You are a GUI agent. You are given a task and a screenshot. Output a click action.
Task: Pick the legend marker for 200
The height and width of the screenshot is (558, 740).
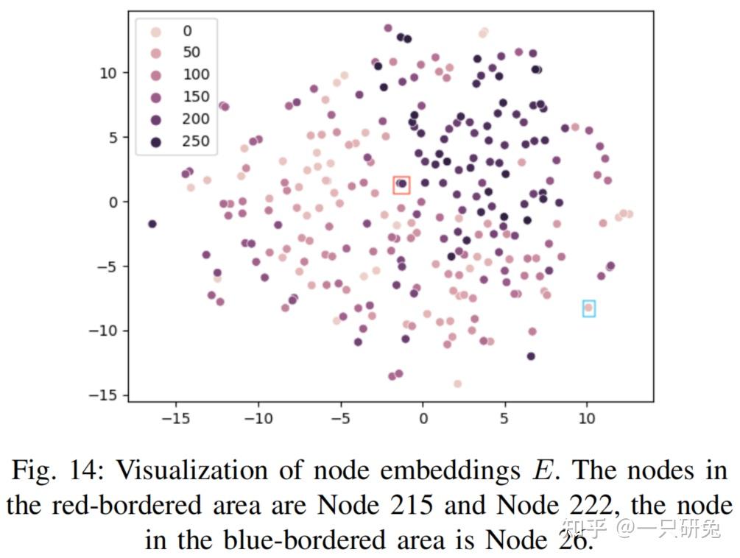click(x=156, y=119)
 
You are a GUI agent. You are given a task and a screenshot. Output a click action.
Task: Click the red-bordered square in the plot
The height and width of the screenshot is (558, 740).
click(x=401, y=185)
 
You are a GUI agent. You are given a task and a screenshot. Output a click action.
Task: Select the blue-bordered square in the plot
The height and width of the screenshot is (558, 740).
click(x=588, y=308)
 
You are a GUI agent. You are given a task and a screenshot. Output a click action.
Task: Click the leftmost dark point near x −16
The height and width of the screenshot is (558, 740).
click(x=152, y=224)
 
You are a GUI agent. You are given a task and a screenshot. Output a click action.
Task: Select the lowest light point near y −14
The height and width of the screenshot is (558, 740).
click(x=457, y=384)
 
